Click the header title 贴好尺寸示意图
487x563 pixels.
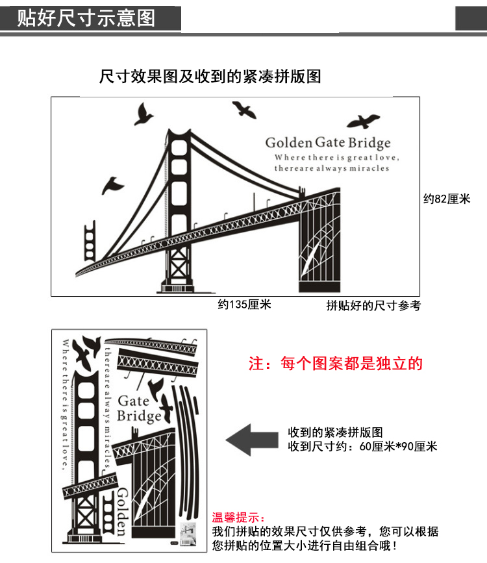86,18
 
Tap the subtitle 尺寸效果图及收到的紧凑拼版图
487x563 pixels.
210,76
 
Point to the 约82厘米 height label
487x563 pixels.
447,199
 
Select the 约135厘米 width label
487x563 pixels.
244,305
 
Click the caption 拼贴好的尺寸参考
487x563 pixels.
373,306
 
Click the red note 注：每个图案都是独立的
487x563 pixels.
336,364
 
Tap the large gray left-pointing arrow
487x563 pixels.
252,440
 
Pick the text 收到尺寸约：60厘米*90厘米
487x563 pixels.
362,447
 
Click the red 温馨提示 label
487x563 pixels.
239,518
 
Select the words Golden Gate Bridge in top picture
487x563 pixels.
328,143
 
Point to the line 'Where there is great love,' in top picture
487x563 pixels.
337,157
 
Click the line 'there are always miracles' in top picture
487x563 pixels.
332,168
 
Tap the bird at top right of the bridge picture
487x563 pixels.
363,121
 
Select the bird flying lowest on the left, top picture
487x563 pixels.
112,185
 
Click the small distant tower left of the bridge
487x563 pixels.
90,240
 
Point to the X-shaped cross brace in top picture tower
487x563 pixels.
179,263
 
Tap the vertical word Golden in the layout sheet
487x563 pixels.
122,511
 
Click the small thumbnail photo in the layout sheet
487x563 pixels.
188,534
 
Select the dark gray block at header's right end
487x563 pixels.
471,18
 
